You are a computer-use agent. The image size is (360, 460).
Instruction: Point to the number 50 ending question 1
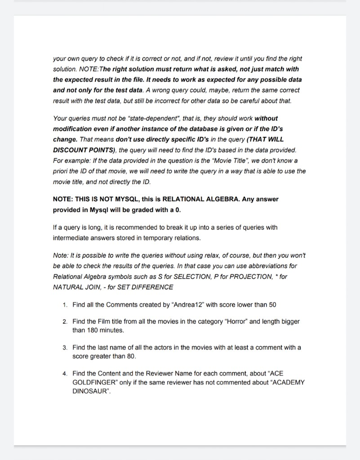coord(272,305)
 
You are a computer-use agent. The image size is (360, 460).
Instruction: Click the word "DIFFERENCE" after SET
coord(154,287)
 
